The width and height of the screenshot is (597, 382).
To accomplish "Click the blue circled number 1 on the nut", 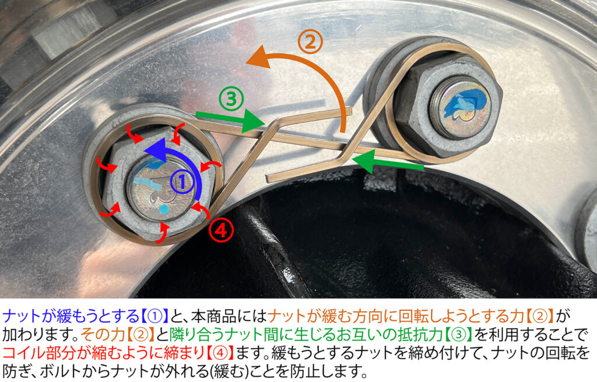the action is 182,182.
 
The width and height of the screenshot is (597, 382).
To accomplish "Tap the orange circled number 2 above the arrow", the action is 310,42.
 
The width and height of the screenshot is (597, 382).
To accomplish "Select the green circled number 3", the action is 231,98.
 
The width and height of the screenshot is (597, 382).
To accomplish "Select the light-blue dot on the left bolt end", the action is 164,209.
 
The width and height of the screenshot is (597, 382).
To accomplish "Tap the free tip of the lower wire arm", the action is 268,178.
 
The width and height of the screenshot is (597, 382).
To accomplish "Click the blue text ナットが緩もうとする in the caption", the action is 71,316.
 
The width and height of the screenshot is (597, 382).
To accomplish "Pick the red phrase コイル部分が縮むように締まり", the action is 104,352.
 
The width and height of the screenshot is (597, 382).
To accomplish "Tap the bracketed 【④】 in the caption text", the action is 220,352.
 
